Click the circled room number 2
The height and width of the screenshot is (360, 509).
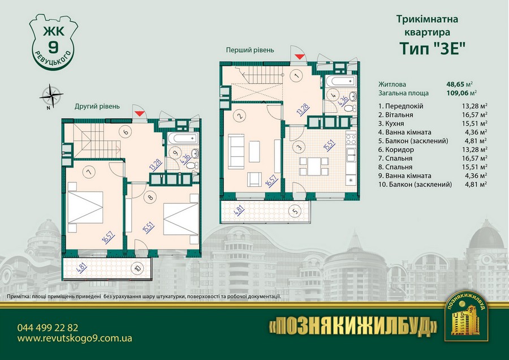click(240, 116)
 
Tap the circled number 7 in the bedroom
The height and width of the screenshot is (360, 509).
click(88, 172)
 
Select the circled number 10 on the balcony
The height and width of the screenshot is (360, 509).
click(137, 268)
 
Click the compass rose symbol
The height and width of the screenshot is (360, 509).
click(51, 96)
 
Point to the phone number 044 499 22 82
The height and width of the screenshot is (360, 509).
click(48, 328)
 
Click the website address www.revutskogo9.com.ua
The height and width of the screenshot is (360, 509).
click(75, 338)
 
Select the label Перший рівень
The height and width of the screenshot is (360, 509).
click(250, 50)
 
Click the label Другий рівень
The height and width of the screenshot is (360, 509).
click(97, 106)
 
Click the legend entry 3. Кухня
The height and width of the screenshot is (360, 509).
click(391, 123)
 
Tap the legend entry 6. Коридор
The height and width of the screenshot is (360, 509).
click(396, 150)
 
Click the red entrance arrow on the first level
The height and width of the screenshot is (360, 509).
click(300, 57)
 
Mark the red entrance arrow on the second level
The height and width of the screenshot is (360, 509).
click(139, 114)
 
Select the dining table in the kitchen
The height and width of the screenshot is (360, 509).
click(314, 166)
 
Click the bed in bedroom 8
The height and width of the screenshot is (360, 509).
click(181, 218)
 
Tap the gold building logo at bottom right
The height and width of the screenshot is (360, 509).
click(467, 316)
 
